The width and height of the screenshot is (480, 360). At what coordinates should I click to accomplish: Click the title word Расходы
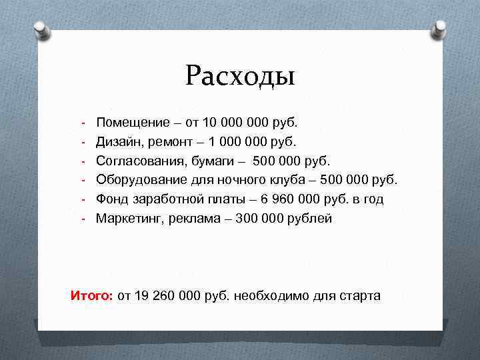coord(240,75)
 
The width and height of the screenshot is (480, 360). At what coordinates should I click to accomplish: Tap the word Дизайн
coord(117,142)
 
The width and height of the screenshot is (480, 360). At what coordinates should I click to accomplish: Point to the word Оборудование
coord(139,180)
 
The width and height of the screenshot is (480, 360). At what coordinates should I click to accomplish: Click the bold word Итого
coord(92,295)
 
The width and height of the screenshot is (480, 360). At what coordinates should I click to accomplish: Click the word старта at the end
coord(360,295)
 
